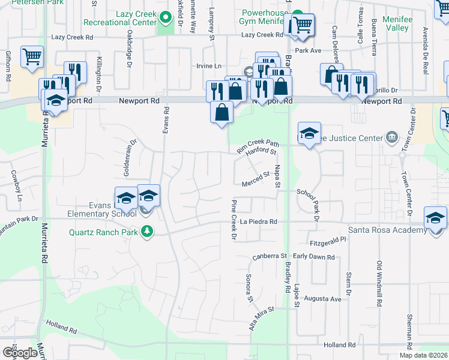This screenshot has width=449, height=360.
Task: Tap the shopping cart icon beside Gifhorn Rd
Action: (32, 57)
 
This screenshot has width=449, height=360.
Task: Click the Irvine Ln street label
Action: (208, 66)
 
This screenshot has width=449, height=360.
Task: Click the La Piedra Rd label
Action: (259, 221)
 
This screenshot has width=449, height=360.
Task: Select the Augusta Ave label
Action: (322, 299)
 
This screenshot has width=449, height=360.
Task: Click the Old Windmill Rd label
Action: (379, 281)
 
